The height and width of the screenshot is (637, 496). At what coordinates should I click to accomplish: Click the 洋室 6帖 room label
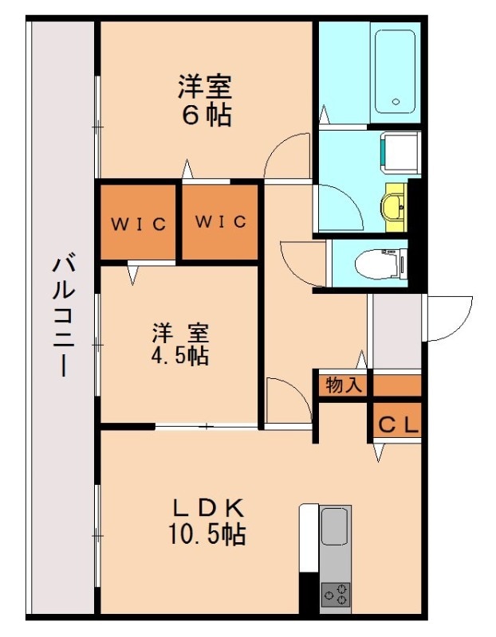point(205,100)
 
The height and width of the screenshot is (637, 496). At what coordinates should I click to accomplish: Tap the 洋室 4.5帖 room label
point(180,344)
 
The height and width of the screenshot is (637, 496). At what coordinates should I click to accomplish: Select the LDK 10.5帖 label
point(206,521)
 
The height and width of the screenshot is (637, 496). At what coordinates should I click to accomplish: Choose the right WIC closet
point(221,221)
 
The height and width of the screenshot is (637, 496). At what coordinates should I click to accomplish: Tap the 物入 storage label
point(344,385)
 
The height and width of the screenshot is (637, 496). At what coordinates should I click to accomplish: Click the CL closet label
point(396,425)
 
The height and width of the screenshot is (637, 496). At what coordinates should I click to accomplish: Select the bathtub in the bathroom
point(394,72)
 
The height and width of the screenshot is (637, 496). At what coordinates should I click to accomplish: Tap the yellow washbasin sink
point(394,208)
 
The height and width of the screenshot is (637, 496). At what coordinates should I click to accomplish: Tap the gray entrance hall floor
point(394,330)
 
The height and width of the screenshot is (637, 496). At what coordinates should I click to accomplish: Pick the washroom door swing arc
point(339,208)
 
